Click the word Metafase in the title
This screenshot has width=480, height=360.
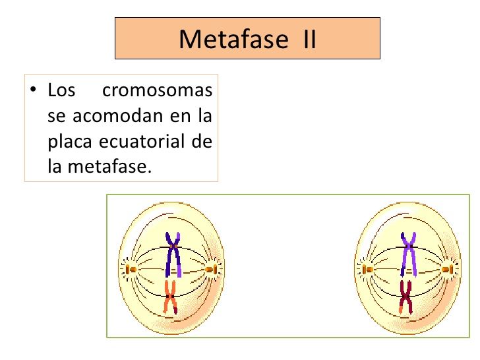pos(233,39)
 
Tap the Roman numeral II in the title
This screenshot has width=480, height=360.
pos(309,39)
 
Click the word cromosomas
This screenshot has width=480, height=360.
pos(158,90)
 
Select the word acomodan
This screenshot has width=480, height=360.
pos(117,116)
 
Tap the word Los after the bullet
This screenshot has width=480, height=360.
pos(61,90)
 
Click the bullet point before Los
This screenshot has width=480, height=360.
pos(33,90)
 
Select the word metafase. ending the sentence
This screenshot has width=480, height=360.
pos(109,167)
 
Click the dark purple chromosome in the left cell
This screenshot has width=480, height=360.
pos(173,255)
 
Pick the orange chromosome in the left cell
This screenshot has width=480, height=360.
pos(171,297)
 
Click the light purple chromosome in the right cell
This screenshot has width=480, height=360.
pos(409,255)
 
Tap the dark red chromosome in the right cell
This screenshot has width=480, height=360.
pos(405,297)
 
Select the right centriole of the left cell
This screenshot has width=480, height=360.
pos(212,270)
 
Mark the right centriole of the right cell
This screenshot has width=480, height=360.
pos(448,270)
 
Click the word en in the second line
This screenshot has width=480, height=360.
pos(180,116)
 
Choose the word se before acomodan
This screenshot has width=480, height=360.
pos(56,116)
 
